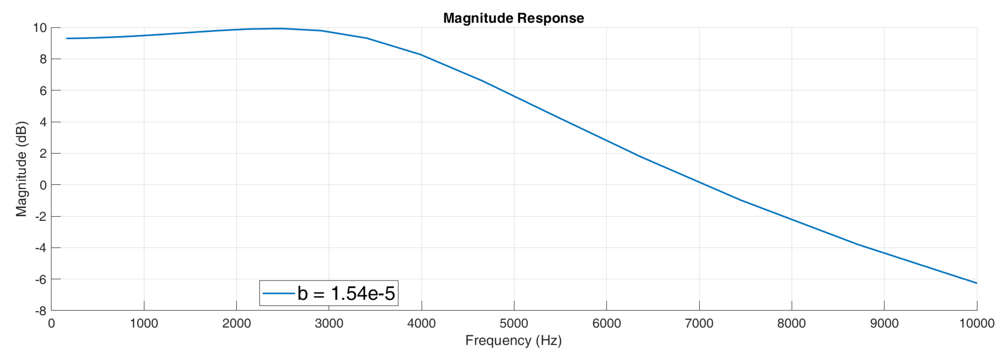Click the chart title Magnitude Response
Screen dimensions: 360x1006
513,18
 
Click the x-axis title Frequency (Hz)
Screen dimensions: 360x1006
513,340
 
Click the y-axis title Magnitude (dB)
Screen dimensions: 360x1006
22,169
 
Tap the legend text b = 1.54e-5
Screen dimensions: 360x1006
346,293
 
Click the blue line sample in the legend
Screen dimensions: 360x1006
279,293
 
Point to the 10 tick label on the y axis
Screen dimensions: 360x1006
40,28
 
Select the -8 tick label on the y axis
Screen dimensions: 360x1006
41,311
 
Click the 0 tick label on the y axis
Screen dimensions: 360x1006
43,185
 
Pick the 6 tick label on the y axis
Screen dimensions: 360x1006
43,91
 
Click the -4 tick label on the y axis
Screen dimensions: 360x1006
41,248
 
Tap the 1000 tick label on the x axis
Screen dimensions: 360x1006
144,324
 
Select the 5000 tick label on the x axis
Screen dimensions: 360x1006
514,324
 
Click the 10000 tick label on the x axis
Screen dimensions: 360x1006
976,324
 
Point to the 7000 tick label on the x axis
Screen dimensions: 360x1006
699,324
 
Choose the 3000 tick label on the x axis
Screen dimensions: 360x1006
329,324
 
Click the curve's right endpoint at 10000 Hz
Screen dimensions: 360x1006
976,283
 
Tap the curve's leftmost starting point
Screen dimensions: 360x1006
67,38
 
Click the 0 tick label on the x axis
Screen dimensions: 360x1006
51,324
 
